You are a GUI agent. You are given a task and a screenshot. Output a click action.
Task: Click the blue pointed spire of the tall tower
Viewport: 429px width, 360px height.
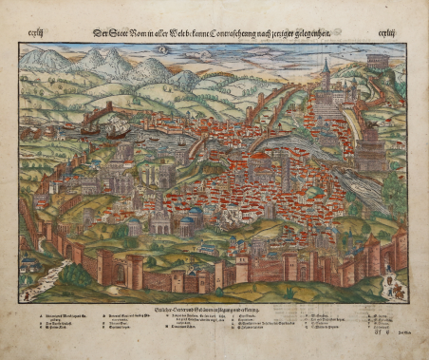click(326, 65)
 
